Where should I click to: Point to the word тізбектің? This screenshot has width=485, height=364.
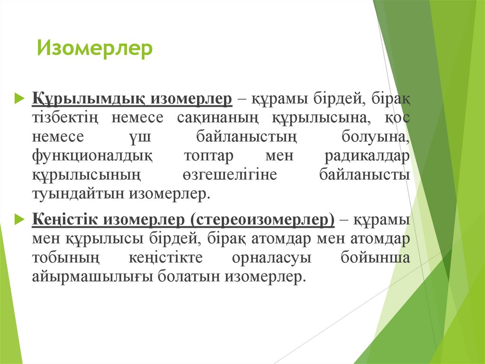coord(64,118)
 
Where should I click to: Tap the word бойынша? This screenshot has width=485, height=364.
coord(375,258)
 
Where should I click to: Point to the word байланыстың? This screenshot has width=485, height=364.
coord(246,137)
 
